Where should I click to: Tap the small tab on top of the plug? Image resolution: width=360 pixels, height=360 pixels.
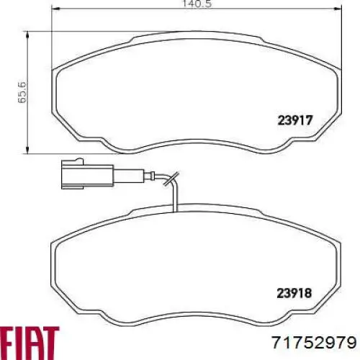pyautogui.click(x=78, y=164)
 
